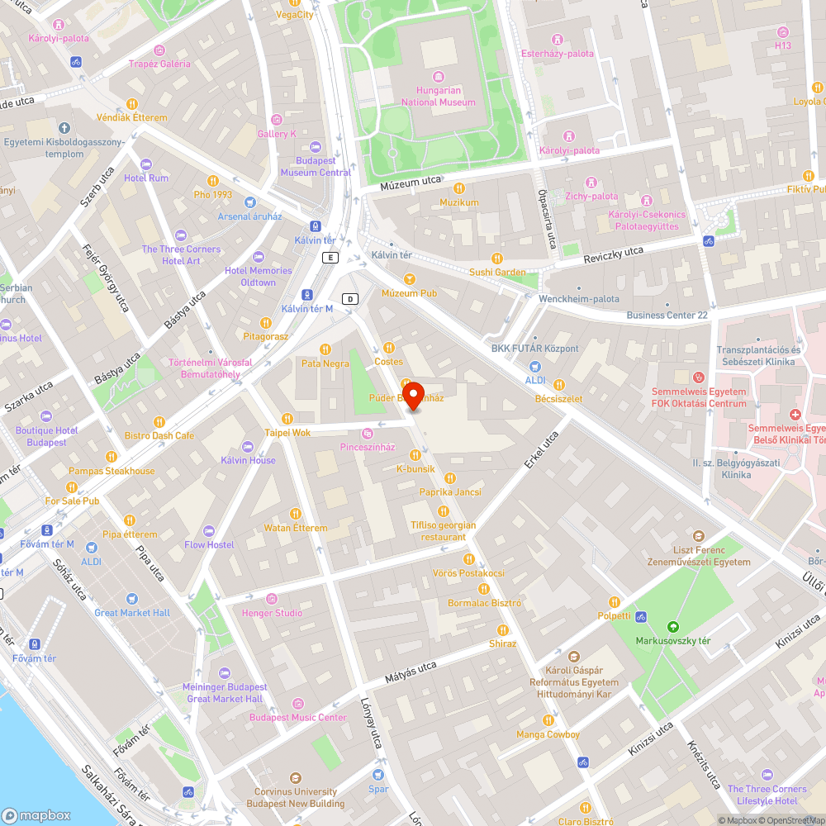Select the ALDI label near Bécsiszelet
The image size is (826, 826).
click(x=535, y=380)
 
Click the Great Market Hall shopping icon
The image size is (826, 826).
click(x=131, y=599)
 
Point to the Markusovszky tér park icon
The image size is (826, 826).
click(x=672, y=626)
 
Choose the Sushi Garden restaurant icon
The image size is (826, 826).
click(x=496, y=259)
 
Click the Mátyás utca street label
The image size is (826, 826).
click(x=411, y=672)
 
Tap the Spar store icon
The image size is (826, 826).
click(x=378, y=775)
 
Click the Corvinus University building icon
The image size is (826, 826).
click(x=296, y=778)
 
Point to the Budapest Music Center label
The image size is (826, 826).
click(x=298, y=718)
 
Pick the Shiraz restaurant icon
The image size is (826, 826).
click(x=502, y=629)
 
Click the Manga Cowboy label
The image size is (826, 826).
click(x=548, y=734)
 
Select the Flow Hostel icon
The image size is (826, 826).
click(x=209, y=530)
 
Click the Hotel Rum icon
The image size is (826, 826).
click(x=146, y=164)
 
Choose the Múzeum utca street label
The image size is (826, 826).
click(x=410, y=187)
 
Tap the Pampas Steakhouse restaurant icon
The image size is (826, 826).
click(x=111, y=457)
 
